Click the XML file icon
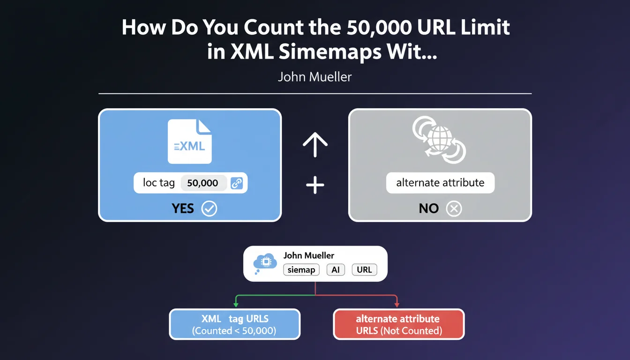[189, 142]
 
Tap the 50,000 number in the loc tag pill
[202, 183]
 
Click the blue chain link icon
[237, 183]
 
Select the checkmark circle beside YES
[209, 209]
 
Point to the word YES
[183, 209]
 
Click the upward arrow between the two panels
[315, 144]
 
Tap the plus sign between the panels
[315, 185]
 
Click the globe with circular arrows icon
[439, 140]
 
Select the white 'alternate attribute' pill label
[440, 183]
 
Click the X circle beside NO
[454, 209]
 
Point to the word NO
[428, 209]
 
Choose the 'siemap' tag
[301, 270]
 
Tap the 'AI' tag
[336, 270]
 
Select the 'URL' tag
[365, 270]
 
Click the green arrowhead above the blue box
[236, 305]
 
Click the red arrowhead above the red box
[397, 305]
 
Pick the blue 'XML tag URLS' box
[234, 324]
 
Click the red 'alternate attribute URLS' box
[399, 324]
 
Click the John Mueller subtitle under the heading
[315, 77]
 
